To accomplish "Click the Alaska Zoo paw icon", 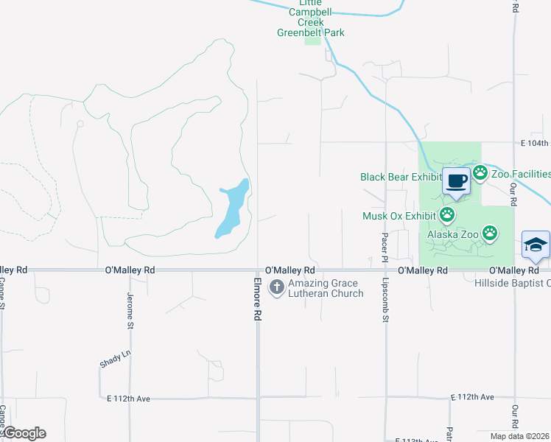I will pos(491,234).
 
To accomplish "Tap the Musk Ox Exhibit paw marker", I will pos(446,215).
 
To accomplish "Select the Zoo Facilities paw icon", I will pos(480,174).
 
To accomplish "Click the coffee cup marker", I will pos(456,180).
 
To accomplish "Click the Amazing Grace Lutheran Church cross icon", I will pos(277,287).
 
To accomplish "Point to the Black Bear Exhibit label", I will pos(399,177).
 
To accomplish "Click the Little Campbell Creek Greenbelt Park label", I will pos(310,17).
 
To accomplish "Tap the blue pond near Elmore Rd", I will pos(232,208).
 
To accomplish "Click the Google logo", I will pos(24,433).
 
